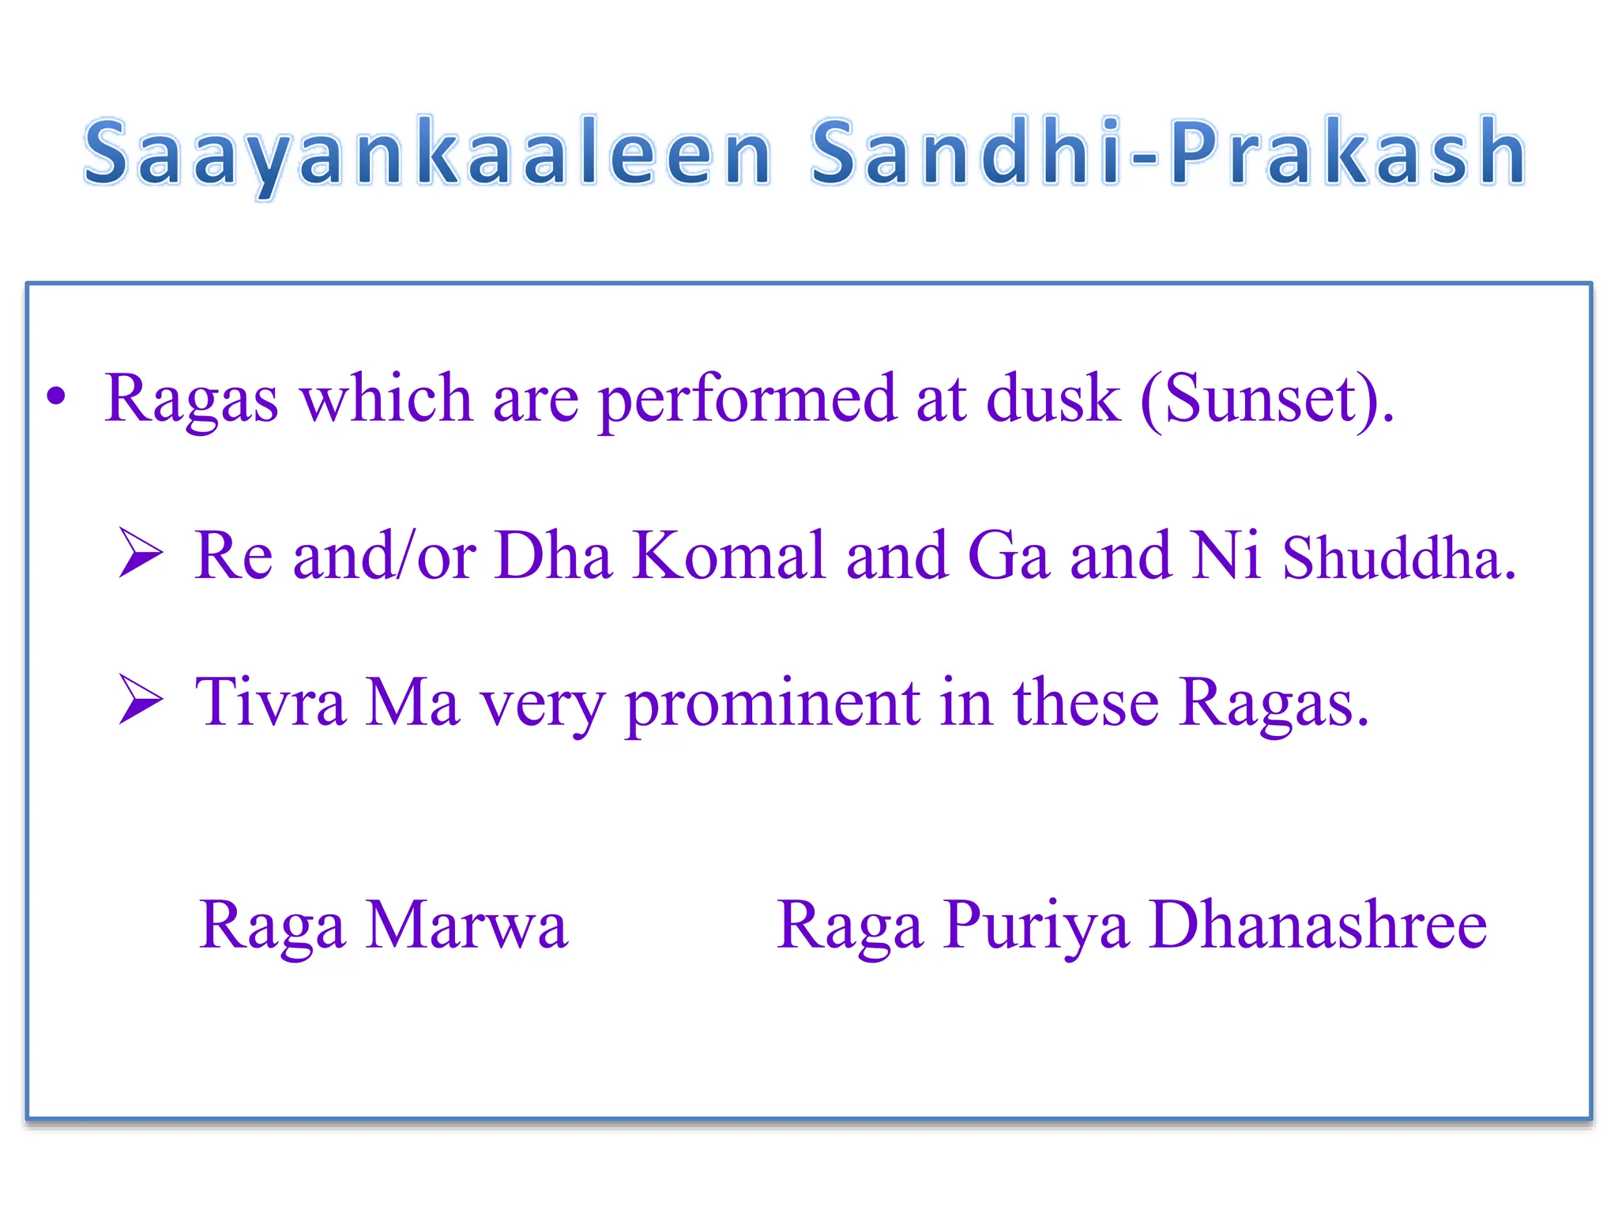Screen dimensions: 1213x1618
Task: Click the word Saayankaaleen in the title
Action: click(x=427, y=152)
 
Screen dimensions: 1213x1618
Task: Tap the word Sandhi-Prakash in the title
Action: click(x=1168, y=152)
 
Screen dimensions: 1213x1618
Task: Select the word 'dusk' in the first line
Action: click(x=1052, y=398)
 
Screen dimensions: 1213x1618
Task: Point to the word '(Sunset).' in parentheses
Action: click(x=1267, y=400)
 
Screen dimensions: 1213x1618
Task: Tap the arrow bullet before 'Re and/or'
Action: click(x=141, y=553)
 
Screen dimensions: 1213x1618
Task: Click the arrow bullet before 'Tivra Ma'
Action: click(x=141, y=699)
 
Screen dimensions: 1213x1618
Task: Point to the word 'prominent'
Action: click(x=772, y=704)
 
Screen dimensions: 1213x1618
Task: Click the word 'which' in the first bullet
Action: click(x=386, y=398)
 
